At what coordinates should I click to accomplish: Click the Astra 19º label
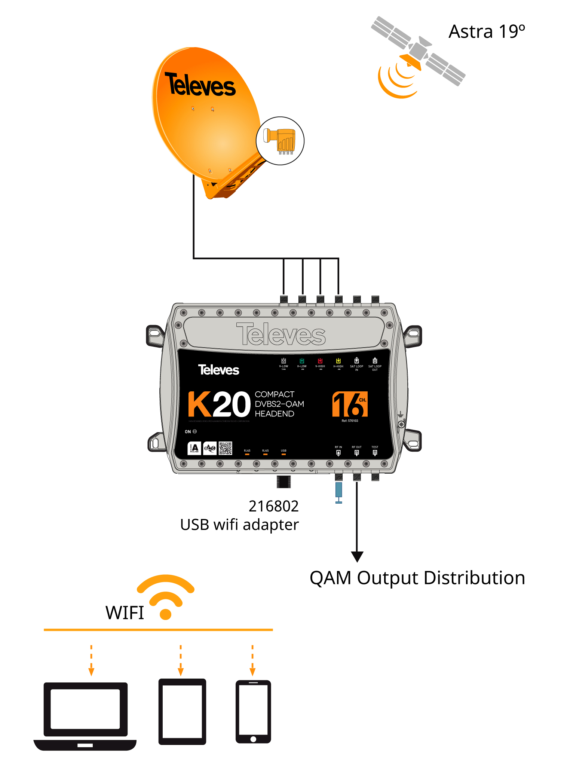(487, 31)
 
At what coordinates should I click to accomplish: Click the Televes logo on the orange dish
(200, 85)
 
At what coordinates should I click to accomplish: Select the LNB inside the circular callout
(280, 141)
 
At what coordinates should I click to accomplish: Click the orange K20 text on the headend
(219, 404)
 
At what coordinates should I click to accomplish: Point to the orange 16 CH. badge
(350, 404)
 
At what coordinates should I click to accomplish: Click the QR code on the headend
(226, 448)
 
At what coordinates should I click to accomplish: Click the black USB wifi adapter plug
(283, 482)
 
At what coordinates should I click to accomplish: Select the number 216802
(273, 506)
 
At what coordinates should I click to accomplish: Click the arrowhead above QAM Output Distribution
(357, 556)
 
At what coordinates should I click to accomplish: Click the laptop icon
(85, 716)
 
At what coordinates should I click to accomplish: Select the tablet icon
(182, 711)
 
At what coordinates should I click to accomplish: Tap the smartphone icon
(253, 711)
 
